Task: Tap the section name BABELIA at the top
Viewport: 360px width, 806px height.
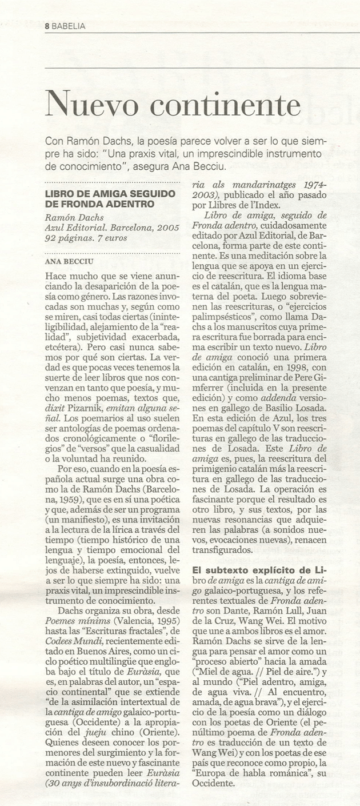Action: pyautogui.click(x=68, y=26)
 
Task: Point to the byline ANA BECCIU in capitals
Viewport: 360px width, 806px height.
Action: pyautogui.click(x=69, y=262)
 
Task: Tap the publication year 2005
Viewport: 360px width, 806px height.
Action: pyautogui.click(x=165, y=228)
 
